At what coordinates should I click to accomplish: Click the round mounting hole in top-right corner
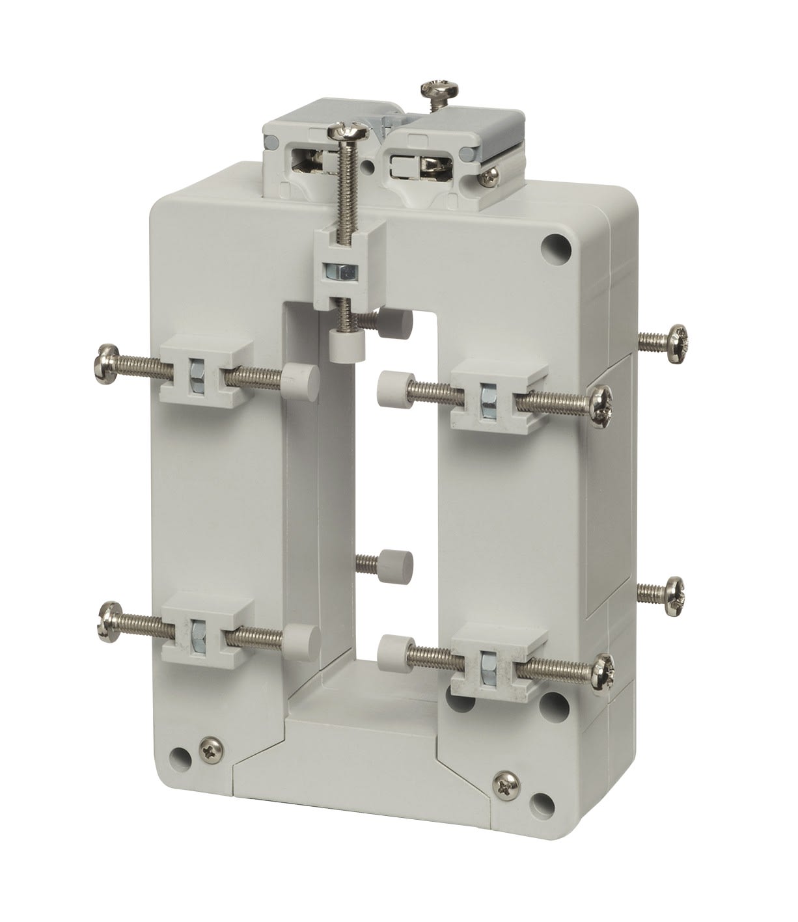pyautogui.click(x=557, y=249)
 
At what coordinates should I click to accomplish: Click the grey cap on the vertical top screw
pyautogui.click(x=342, y=343)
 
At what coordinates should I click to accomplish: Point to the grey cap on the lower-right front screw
pyautogui.click(x=391, y=648)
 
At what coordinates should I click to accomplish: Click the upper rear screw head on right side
pyautogui.click(x=672, y=338)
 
